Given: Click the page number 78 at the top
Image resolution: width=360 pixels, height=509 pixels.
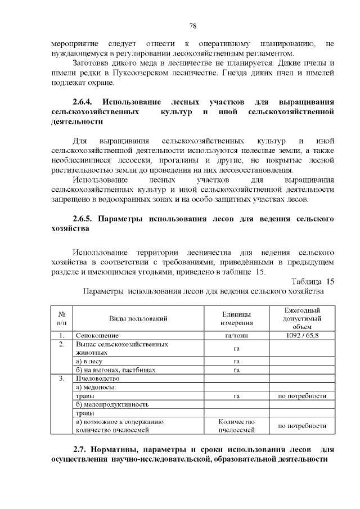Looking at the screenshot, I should [x=192, y=26].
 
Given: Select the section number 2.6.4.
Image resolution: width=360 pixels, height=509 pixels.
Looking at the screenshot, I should [x=86, y=102].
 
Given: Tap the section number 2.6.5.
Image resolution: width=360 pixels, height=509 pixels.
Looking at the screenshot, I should [x=86, y=218].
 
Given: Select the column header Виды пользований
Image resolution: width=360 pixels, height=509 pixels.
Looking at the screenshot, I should [x=138, y=319].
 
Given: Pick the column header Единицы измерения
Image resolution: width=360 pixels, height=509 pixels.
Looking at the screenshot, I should [x=236, y=319].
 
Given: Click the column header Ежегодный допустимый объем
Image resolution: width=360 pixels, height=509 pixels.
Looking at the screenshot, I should [x=302, y=319].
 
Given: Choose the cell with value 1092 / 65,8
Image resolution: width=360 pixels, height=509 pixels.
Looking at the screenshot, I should [x=302, y=336].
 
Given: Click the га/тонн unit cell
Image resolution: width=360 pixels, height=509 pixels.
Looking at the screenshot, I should [x=236, y=336].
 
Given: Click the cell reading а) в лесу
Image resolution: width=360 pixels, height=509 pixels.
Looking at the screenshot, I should [x=93, y=361].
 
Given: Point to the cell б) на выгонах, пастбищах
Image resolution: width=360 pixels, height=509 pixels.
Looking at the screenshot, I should [x=115, y=370].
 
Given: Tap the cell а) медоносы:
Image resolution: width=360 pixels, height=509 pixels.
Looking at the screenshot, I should [x=96, y=387].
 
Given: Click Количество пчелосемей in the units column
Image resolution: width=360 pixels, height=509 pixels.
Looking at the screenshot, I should [x=236, y=426].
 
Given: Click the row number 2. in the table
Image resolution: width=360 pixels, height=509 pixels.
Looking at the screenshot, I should [x=62, y=344].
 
